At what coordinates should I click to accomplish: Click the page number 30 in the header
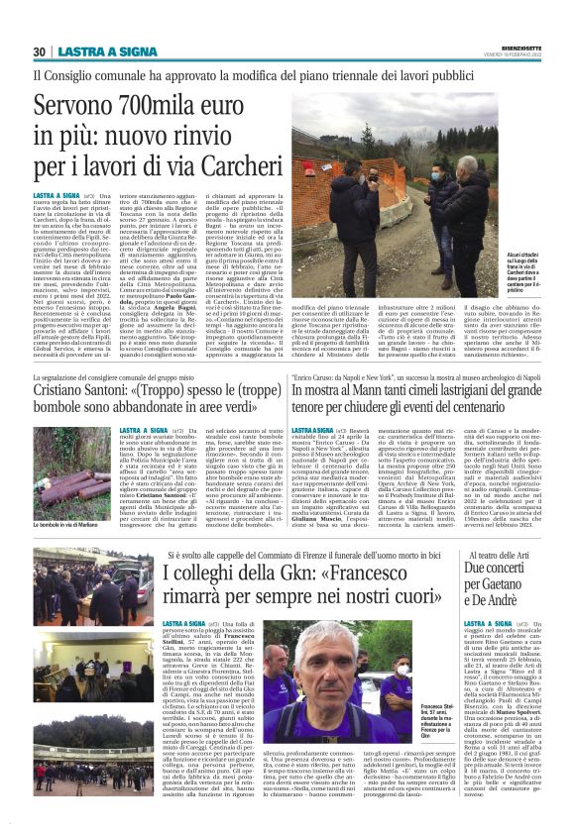(40, 52)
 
